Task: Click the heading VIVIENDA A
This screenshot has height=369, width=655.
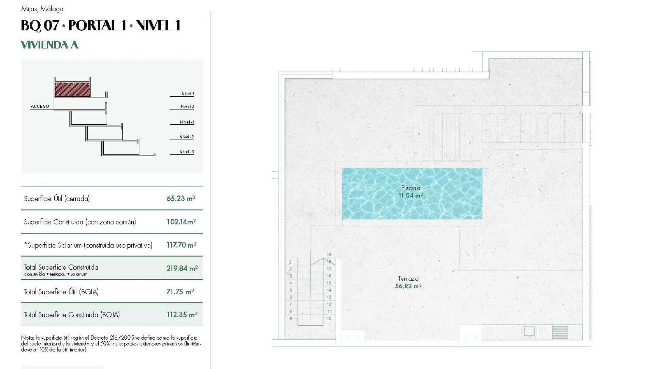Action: [50, 45]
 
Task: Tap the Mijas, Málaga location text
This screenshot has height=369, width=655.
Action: [42, 9]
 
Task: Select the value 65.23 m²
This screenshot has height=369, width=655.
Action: [181, 199]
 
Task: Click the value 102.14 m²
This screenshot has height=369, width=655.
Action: [181, 222]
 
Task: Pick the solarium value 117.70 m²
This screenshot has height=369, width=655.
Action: [181, 245]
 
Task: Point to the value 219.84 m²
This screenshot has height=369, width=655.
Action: [182, 268]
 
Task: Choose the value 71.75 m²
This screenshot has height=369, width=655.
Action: [180, 291]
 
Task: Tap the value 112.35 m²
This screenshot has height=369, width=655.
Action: [182, 315]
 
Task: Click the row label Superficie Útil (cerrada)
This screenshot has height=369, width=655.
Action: [57, 199]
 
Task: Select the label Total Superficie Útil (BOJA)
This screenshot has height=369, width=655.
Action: [61, 292]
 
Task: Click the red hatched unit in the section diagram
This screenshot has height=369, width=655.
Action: [73, 90]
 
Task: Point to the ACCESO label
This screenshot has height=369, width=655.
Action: [40, 106]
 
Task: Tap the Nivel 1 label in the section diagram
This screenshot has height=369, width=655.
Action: [188, 94]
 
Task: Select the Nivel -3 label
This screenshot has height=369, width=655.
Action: [187, 152]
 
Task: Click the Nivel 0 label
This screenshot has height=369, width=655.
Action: [187, 106]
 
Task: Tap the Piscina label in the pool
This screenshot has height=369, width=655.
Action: [411, 188]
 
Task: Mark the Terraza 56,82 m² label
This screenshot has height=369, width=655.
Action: [408, 283]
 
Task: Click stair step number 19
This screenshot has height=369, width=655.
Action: [329, 255]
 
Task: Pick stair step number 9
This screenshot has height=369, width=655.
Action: [291, 318]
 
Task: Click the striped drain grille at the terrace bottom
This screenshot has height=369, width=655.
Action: [559, 332]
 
